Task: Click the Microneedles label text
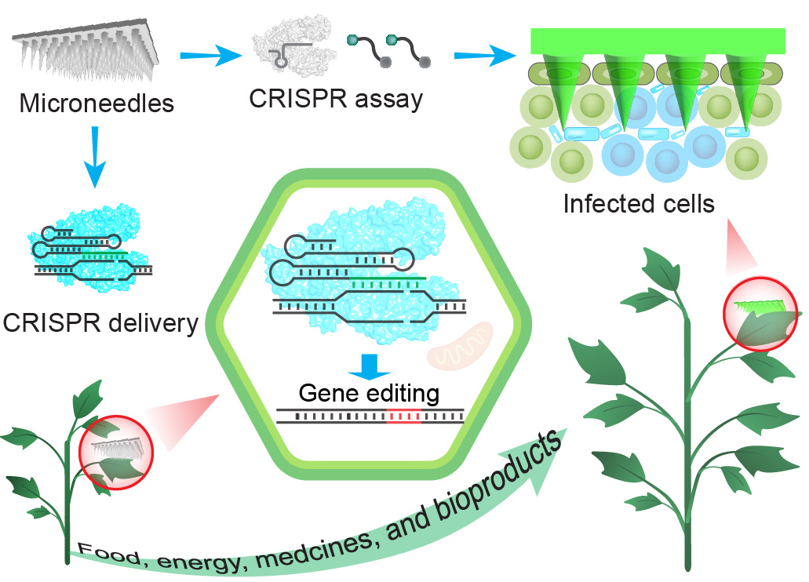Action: click(97, 103)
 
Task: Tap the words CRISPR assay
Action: click(336, 100)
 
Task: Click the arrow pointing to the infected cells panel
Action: click(482, 56)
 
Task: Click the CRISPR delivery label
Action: click(100, 322)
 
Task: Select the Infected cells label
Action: click(640, 205)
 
